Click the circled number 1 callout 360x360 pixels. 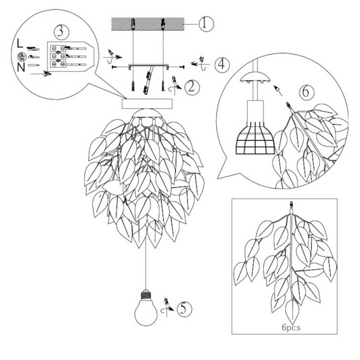pos(206,24)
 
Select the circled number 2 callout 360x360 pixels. pos(193,87)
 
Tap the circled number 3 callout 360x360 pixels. pos(62,32)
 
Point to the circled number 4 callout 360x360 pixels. pos(222,65)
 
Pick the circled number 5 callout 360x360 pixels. pos(185,309)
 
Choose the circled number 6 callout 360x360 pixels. pos(307,92)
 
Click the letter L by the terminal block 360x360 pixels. pos(20,43)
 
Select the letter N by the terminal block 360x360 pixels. pos(21,67)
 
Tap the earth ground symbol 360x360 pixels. pos(21,56)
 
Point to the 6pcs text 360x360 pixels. pos(291,328)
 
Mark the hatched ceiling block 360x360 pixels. pos(148,24)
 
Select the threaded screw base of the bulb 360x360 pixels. pos(146,294)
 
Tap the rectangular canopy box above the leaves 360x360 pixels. pos(147,104)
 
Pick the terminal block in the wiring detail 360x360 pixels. pos(70,56)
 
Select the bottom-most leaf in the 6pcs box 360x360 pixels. pos(292,311)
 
